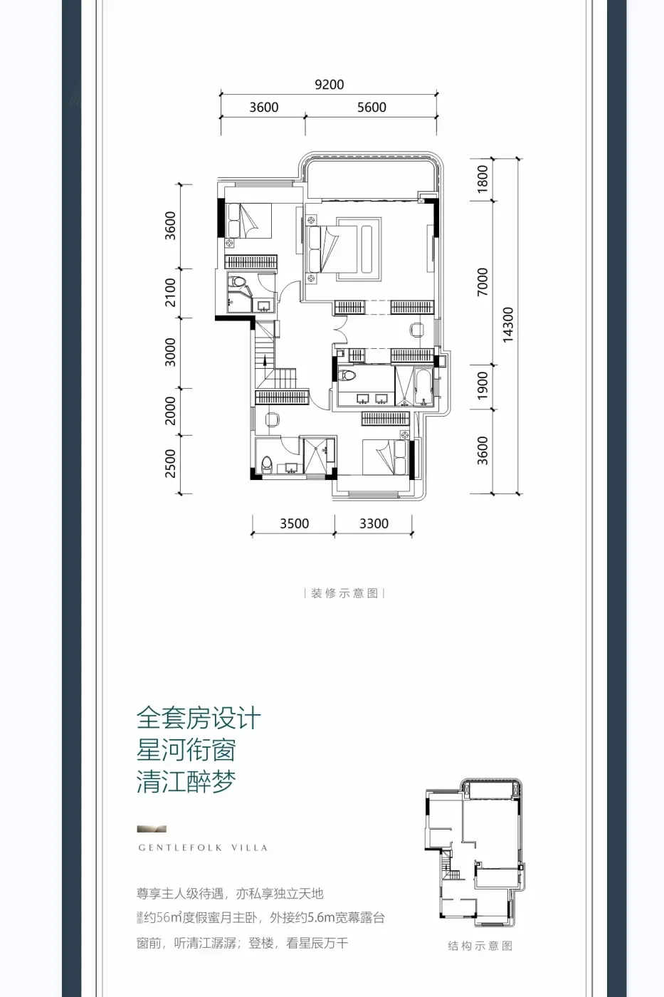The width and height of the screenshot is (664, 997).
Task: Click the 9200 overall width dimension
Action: pos(329,85)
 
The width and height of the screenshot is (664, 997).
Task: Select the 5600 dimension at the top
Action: pos(371,108)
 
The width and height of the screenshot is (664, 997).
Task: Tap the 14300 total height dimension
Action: pos(507,325)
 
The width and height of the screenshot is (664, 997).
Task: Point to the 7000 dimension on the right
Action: pos(483,282)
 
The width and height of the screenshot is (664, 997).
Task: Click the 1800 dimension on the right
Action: pos(483,178)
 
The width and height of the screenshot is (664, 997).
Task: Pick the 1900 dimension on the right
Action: pos(483,385)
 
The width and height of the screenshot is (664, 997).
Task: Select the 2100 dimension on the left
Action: pos(170,293)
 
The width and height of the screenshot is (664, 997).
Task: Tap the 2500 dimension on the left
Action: pos(170,464)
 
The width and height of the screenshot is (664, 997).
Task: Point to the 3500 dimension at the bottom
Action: pos(294,524)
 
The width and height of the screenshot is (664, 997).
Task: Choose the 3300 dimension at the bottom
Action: pos(374,524)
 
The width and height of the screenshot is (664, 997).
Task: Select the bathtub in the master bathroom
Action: pos(423,387)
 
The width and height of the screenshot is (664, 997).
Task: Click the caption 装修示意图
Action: pos(344,593)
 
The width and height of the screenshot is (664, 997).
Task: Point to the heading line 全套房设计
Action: pos(199,718)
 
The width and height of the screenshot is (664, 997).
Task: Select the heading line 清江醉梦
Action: pos(186,782)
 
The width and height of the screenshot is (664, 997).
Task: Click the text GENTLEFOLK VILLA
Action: pos(203,848)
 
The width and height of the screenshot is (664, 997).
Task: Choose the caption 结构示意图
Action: pos(480,946)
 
